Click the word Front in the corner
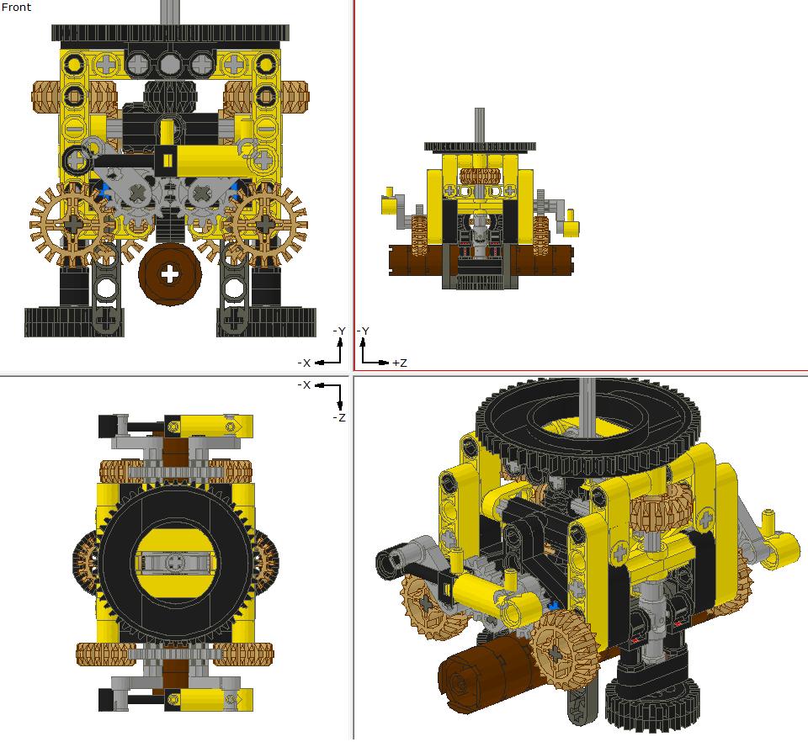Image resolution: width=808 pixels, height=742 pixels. (x=16, y=7)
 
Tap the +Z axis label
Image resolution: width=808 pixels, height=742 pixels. (x=399, y=363)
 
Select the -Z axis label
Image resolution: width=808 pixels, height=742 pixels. (x=339, y=417)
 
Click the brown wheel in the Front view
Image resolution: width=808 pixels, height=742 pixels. (x=170, y=274)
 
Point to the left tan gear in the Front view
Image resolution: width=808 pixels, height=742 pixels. (x=73, y=224)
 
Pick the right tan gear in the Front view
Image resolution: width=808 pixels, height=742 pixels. (x=265, y=224)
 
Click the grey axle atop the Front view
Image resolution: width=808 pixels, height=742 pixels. (x=168, y=12)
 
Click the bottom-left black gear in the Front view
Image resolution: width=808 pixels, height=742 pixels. (x=74, y=322)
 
